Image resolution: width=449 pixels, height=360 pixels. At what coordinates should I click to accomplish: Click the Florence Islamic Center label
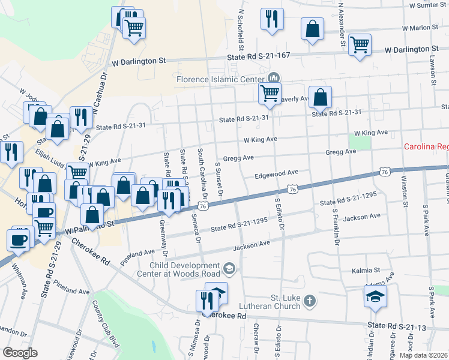coord(219,79)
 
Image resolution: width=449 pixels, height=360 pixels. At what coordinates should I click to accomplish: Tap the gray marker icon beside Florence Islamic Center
coord(274,79)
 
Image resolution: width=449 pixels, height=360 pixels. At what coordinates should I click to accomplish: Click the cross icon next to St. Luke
coord(310,301)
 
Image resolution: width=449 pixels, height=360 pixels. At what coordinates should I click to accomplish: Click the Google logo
coord(20,352)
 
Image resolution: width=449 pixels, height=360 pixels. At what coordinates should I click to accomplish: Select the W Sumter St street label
coord(428,5)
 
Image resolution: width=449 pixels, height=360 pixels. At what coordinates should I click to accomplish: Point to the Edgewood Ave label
coord(276,173)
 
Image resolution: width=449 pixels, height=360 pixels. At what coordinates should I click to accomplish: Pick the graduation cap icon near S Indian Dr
coord(375,296)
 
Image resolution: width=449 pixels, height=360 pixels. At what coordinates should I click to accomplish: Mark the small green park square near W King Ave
coord(360,143)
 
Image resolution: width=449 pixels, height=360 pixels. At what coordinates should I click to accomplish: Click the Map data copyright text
coord(424,355)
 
